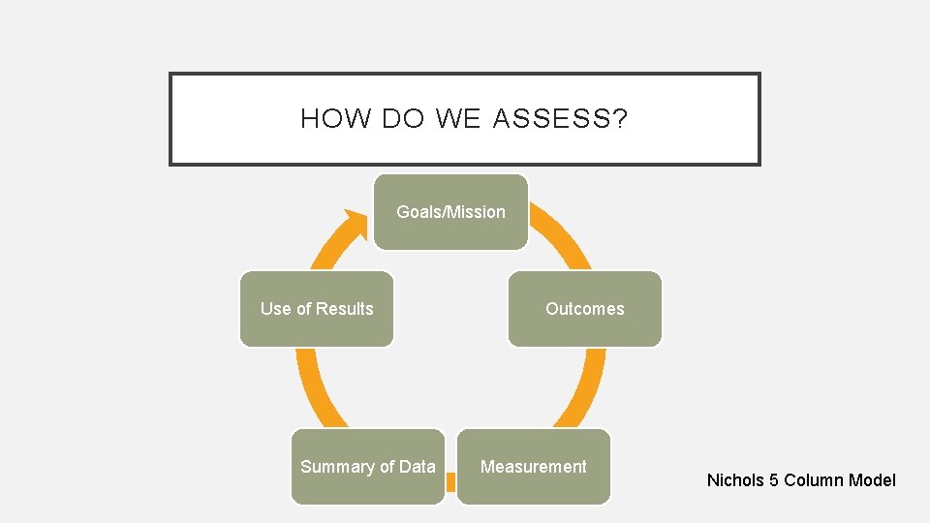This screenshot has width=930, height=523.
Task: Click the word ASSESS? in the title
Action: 560,119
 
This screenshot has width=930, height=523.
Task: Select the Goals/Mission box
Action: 451,212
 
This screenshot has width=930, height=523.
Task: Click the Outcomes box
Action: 585,309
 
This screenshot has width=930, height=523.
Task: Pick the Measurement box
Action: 534,467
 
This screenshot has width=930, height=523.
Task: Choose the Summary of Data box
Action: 368,467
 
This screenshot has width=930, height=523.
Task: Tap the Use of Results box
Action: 317,309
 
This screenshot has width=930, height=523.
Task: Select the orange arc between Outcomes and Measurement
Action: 586,387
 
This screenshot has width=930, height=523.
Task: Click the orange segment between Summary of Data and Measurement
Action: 450,481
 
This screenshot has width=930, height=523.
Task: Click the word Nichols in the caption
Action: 735,480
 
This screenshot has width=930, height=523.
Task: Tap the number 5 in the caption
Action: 773,480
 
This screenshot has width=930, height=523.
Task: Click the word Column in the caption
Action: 813,480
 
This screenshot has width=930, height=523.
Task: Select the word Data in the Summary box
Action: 418,467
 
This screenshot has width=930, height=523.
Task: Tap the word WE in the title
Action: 458,119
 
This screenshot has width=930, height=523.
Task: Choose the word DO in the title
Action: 403,119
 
